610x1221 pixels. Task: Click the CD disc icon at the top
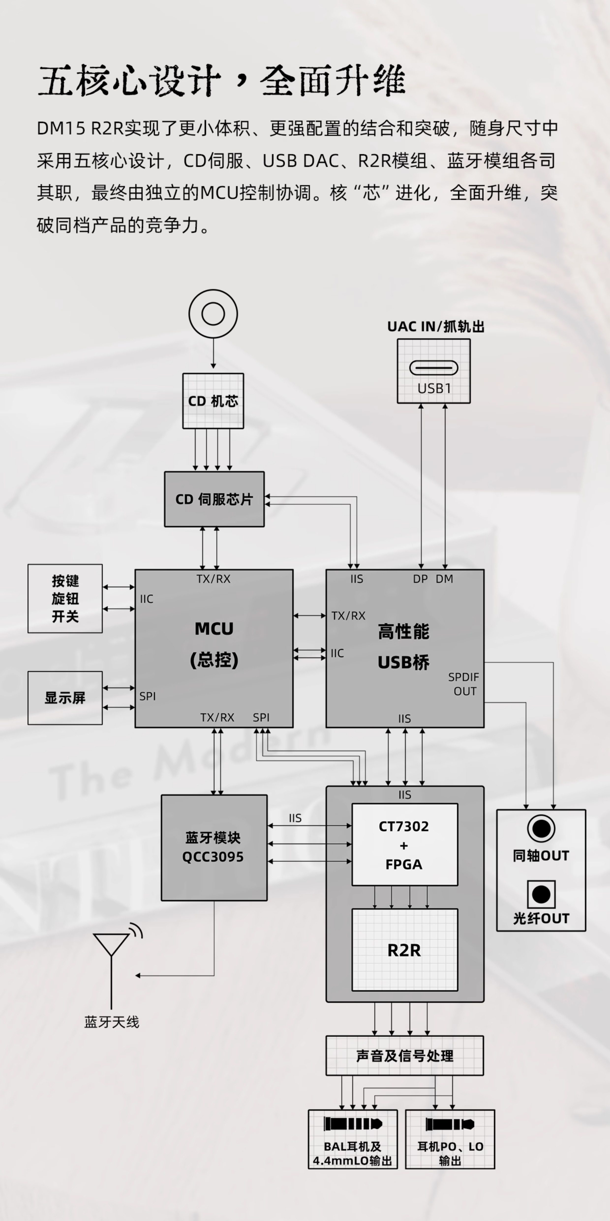click(x=213, y=314)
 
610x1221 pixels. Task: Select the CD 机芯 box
click(x=213, y=401)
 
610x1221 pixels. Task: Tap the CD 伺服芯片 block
click(x=214, y=499)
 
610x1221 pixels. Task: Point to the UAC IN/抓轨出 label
click(x=436, y=327)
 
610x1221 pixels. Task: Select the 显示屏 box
click(x=65, y=698)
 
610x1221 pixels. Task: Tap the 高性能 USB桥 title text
click(x=403, y=646)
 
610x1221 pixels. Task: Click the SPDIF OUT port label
click(x=464, y=684)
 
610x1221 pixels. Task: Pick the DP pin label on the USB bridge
click(x=420, y=579)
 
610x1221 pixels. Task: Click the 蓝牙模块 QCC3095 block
click(x=214, y=848)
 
